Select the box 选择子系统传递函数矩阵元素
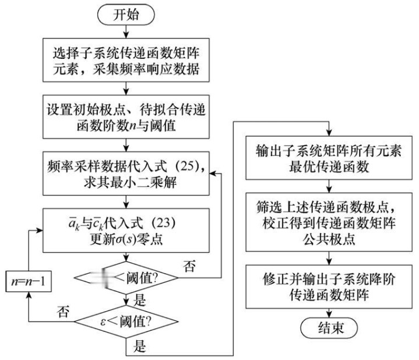[126, 62]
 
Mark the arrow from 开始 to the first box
[126, 32]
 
